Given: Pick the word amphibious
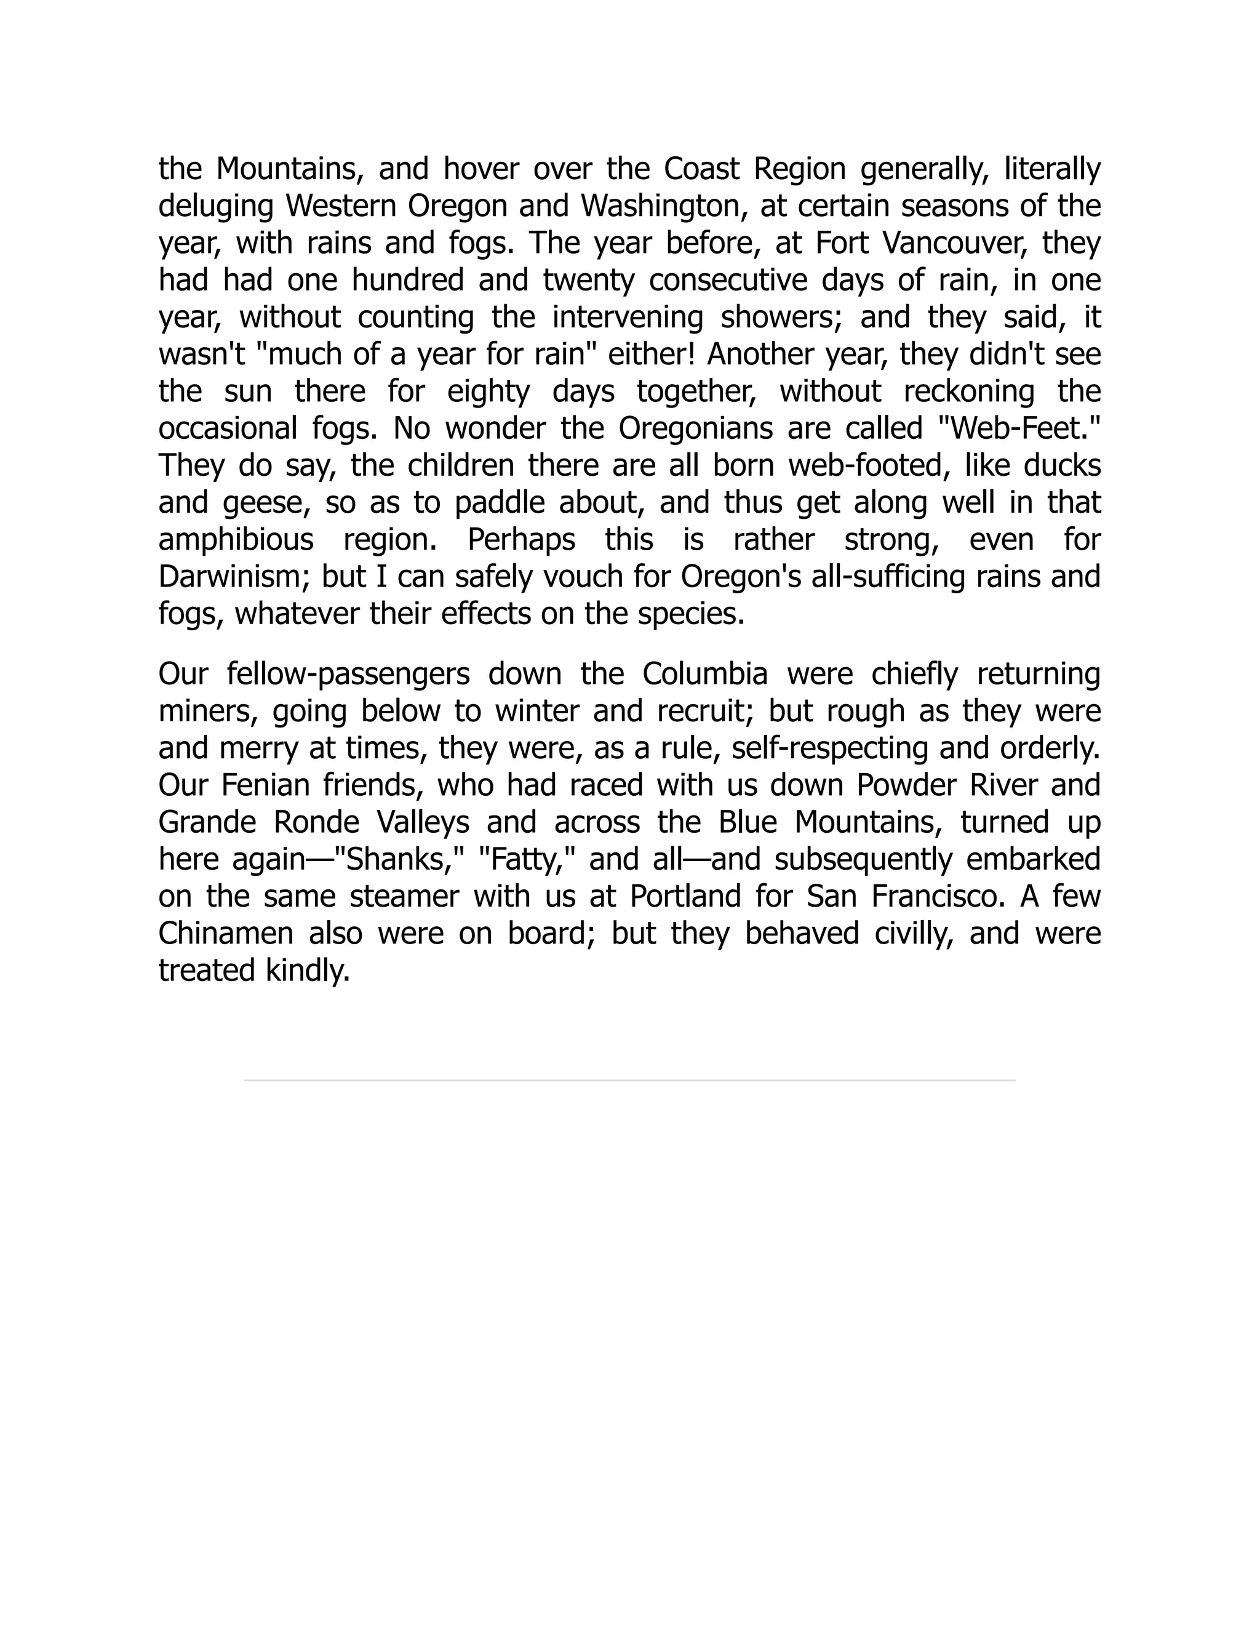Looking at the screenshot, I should coord(236,540).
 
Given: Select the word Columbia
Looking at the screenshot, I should coord(704,675).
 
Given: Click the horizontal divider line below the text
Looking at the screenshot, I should coord(629,1081).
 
